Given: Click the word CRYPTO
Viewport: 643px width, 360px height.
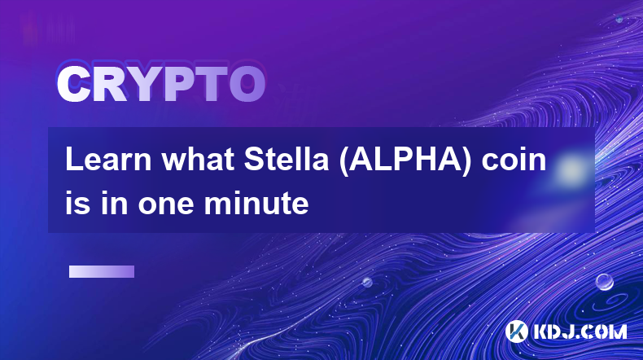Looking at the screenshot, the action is pyautogui.click(x=161, y=84).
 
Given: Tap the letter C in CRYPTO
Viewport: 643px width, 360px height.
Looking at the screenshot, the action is pyautogui.click(x=73, y=84).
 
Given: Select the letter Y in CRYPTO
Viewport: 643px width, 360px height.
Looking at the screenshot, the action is pyautogui.click(x=143, y=84).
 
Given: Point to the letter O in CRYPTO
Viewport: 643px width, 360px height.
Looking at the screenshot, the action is pyautogui.click(x=247, y=84).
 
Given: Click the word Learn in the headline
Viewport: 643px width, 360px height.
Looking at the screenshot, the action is pyautogui.click(x=108, y=160).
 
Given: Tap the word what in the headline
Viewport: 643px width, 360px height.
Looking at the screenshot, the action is pyautogui.click(x=198, y=160).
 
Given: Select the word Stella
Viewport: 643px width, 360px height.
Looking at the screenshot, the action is pyautogui.click(x=287, y=160).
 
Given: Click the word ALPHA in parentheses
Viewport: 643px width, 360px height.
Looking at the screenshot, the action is pyautogui.click(x=405, y=160).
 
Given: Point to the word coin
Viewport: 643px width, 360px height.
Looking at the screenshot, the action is pyautogui.click(x=514, y=160).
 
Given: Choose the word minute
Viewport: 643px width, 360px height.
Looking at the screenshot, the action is pyautogui.click(x=256, y=203).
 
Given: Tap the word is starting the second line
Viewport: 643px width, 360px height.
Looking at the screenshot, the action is pyautogui.click(x=78, y=203).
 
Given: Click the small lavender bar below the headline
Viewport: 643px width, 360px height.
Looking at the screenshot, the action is pyautogui.click(x=102, y=272).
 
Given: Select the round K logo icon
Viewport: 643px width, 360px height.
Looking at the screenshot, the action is pyautogui.click(x=516, y=331).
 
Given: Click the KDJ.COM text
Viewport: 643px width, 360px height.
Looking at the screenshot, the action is pyautogui.click(x=580, y=331).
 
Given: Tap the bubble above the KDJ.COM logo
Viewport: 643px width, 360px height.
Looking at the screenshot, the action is pyautogui.click(x=604, y=282).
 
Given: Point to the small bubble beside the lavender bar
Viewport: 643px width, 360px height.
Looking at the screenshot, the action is pyautogui.click(x=367, y=282).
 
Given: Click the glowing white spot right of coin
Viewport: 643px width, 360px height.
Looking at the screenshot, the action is pyautogui.click(x=571, y=169).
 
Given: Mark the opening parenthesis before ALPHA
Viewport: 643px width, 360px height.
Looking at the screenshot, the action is pyautogui.click(x=343, y=161).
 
